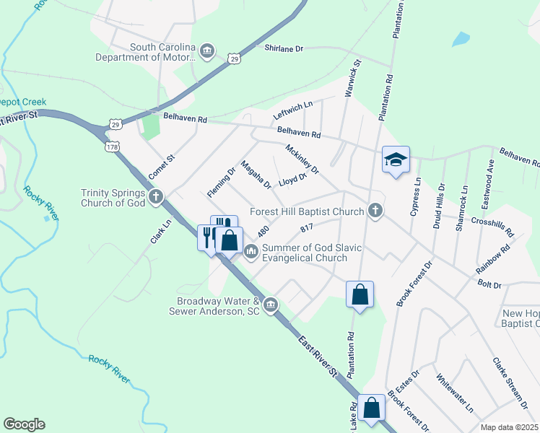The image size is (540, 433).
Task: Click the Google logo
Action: [x=24, y=424]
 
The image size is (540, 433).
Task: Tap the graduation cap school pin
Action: [x=396, y=159]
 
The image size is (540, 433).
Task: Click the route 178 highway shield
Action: [x=111, y=146]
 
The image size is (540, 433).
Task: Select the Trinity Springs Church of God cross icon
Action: [x=155, y=197]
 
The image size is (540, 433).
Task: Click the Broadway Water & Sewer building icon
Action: [x=271, y=305]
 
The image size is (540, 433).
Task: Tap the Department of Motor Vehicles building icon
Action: [x=207, y=52]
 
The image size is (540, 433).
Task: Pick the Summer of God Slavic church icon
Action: [x=251, y=252]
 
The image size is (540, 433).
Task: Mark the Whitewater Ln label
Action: [x=455, y=392]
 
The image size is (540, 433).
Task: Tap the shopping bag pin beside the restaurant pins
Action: [x=230, y=240]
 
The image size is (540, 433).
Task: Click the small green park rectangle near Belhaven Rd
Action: [x=150, y=127]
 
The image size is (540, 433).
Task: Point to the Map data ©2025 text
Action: [x=509, y=427]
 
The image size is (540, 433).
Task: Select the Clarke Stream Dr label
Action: [x=510, y=380]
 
